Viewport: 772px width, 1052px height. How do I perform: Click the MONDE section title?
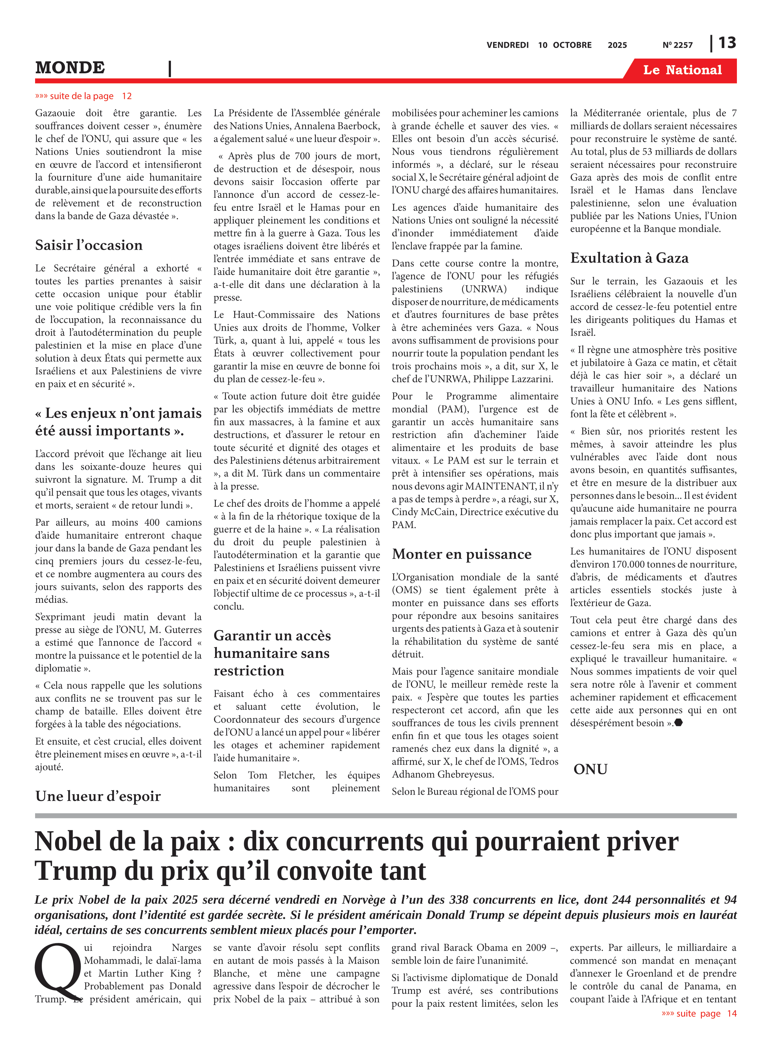tap(70, 68)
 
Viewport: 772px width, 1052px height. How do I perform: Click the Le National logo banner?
tap(682, 70)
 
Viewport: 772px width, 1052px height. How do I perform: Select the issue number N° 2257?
tap(677, 45)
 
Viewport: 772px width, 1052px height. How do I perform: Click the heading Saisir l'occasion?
tap(89, 245)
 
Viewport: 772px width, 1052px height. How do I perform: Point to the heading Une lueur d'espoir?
tap(98, 796)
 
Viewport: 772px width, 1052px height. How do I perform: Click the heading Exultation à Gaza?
tap(629, 258)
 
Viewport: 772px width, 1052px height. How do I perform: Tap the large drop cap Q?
tap(57, 971)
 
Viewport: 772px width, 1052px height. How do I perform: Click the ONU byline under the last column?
tap(590, 769)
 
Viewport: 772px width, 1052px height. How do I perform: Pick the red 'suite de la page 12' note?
tap(83, 96)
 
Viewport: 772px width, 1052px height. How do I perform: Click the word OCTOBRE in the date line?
tap(572, 45)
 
